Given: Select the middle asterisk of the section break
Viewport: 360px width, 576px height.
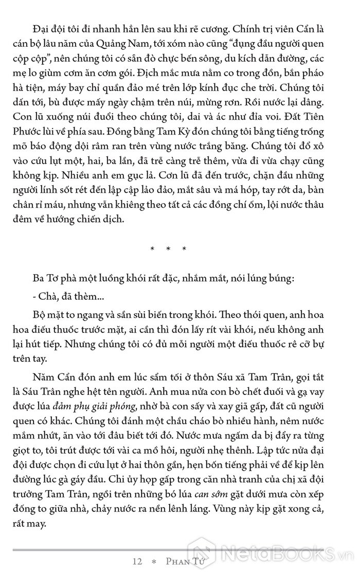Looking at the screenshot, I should (168, 249).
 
